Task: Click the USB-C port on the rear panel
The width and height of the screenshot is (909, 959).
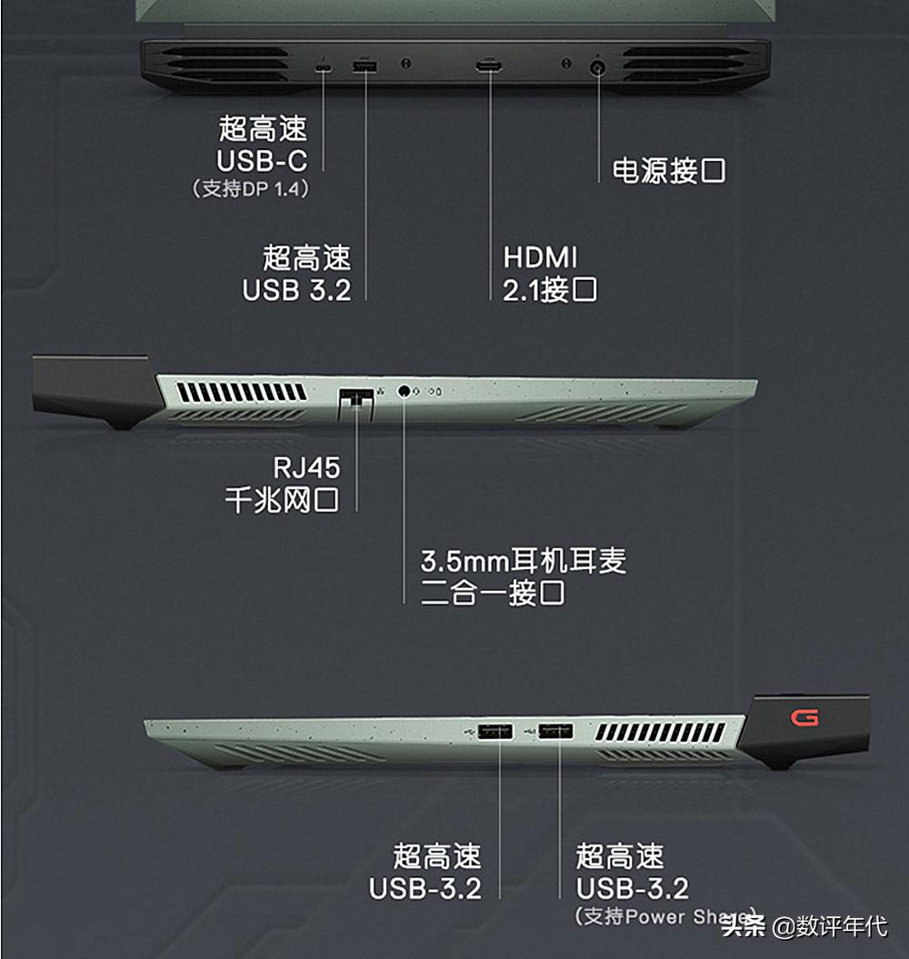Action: point(324,67)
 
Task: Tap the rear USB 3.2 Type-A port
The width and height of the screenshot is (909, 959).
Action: point(365,67)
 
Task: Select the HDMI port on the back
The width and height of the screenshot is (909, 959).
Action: point(489,67)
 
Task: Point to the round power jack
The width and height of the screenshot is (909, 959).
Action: point(598,68)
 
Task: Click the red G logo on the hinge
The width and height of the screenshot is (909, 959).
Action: point(804,718)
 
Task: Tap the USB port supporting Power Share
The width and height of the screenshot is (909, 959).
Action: point(555,730)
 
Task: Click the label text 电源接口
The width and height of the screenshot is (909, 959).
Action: point(669,171)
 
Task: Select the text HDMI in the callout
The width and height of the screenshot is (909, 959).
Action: point(540,257)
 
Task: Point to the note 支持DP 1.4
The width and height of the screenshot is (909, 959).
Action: point(251,189)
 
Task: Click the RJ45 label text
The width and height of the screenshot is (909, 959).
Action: point(306,468)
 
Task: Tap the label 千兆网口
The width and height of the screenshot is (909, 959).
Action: point(282,500)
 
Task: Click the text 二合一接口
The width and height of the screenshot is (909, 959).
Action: point(493,594)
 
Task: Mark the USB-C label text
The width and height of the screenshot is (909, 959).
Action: point(262,161)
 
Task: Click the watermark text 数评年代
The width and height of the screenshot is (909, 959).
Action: point(841,927)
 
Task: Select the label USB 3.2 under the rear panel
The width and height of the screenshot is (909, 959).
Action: point(296,290)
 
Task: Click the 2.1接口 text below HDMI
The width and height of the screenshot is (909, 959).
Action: point(550,290)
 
